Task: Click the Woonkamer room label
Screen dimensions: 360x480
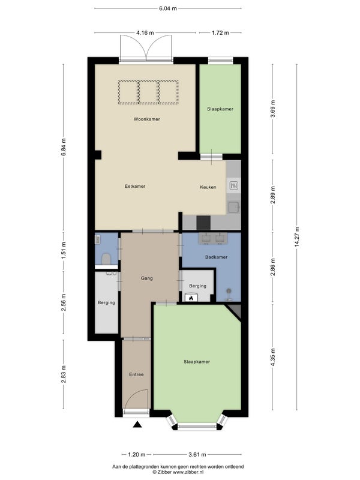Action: tap(146, 119)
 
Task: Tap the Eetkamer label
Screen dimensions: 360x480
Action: tap(135, 186)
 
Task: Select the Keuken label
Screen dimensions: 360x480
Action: tap(208, 187)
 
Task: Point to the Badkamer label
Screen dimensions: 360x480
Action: tap(216, 257)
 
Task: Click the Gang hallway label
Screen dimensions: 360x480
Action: tap(146, 278)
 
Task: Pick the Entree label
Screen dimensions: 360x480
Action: tap(136, 374)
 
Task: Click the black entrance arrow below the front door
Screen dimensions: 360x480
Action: tap(137, 424)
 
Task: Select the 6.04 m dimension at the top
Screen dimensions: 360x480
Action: tap(168, 8)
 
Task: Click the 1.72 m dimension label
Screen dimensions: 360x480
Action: tap(220, 33)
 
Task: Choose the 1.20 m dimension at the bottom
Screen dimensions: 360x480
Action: tap(137, 455)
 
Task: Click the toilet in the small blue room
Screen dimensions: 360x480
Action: tap(106, 259)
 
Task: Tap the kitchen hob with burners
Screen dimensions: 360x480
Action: tap(233, 185)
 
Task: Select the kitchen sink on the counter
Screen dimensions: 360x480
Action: tap(233, 207)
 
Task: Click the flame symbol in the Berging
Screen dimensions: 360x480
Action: tap(191, 298)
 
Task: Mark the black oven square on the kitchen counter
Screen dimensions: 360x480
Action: tap(203, 223)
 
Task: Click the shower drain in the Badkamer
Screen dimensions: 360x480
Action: tap(229, 291)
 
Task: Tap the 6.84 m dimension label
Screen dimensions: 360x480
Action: tap(64, 147)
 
